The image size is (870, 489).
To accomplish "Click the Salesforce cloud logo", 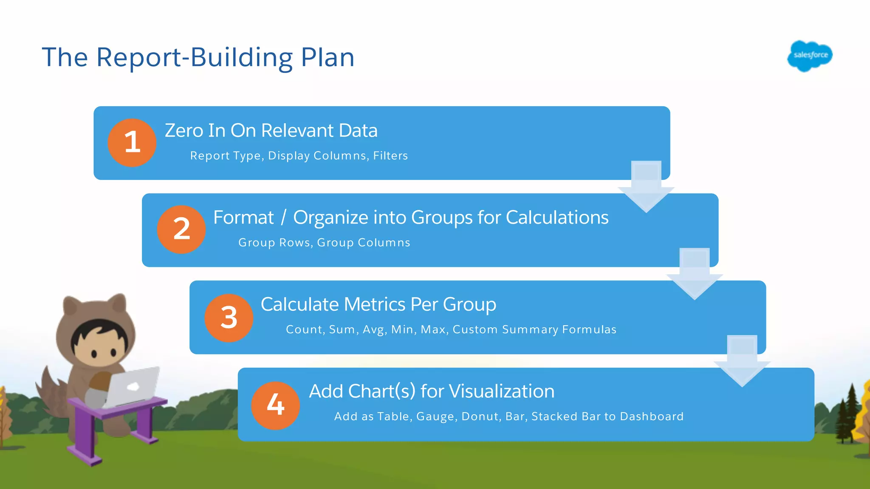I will (x=810, y=56).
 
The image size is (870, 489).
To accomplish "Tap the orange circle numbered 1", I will (x=132, y=143).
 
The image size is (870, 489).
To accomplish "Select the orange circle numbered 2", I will (x=181, y=230).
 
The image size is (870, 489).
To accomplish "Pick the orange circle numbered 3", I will (x=229, y=318).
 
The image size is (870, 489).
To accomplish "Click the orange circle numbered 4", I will (x=275, y=405).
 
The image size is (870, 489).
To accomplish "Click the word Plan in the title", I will (x=328, y=57).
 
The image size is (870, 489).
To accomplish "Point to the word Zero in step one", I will (x=184, y=131).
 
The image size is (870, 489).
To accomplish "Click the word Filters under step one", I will (x=390, y=156).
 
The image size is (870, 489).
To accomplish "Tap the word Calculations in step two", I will (x=557, y=218).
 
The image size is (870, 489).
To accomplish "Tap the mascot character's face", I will (x=100, y=344).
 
